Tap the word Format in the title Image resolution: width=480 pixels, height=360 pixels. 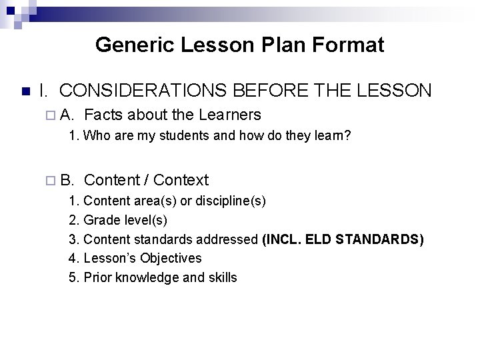pos(355,45)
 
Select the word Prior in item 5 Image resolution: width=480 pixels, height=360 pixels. pos(99,277)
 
